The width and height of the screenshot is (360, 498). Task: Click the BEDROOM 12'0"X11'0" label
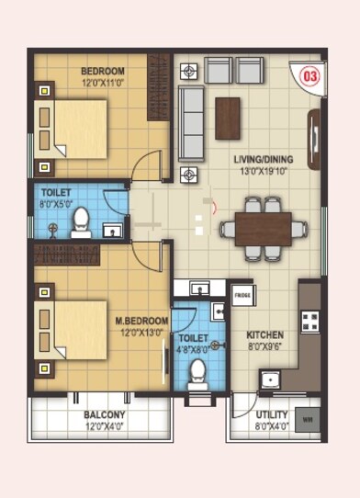(x=102, y=75)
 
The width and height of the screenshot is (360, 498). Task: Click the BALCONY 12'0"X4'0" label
(x=104, y=420)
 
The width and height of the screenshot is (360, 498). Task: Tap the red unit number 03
(x=309, y=77)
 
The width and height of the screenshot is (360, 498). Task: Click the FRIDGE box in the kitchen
(x=242, y=295)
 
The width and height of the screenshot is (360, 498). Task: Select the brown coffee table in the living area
(x=228, y=119)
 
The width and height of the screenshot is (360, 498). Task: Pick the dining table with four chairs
(x=263, y=230)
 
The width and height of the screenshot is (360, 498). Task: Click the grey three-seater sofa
(x=191, y=123)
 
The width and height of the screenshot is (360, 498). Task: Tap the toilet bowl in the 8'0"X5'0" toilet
(x=81, y=221)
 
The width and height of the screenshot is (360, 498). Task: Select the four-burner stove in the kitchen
(x=310, y=322)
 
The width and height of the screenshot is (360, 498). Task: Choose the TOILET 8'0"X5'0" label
(x=55, y=198)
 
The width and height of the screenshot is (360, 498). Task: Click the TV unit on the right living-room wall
(x=315, y=134)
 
